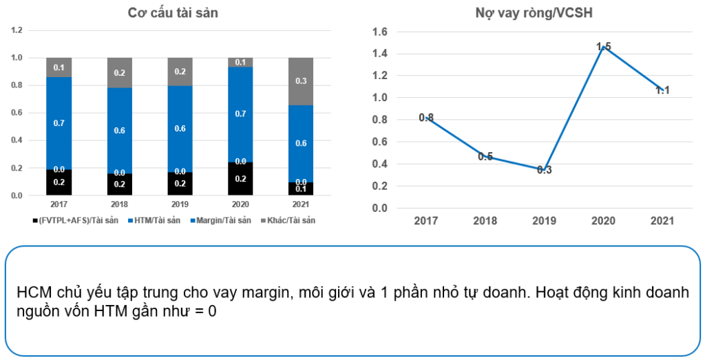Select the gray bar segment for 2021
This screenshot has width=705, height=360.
click(302, 81)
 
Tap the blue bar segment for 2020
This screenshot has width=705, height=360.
click(241, 114)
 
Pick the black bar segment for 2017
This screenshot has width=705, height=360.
click(59, 182)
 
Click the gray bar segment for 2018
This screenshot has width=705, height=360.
click(120, 73)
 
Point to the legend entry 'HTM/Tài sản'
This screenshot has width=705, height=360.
click(152, 220)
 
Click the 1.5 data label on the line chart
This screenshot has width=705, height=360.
click(604, 47)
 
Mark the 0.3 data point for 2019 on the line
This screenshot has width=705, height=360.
click(543, 169)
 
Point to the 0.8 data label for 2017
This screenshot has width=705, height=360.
click(427, 118)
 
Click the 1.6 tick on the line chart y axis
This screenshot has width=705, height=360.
click(380, 32)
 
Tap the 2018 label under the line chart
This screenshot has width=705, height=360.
click(485, 220)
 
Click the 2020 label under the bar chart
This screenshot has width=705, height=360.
click(241, 204)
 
